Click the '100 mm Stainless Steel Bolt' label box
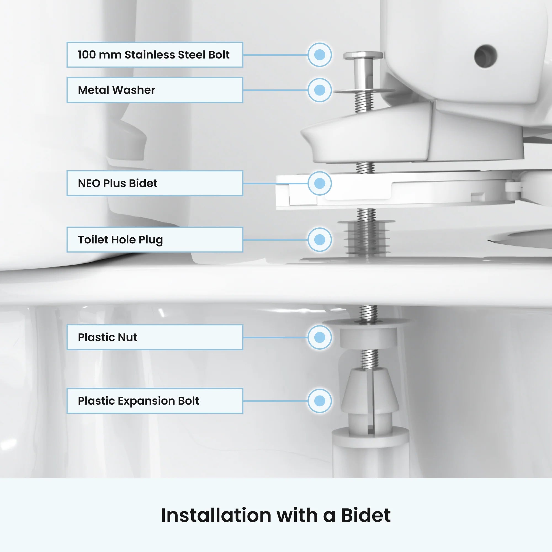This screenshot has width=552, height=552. pos(155,55)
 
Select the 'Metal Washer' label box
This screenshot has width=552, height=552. pos(155,90)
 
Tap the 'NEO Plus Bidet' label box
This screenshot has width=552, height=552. pos(155,183)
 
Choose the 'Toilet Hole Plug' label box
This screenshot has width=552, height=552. pos(155,239)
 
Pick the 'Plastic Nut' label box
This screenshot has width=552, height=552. pos(155,337)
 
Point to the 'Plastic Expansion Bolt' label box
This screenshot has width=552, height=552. pos(155,400)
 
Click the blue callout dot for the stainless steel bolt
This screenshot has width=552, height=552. pos(320,55)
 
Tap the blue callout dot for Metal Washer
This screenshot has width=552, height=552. pos(320,90)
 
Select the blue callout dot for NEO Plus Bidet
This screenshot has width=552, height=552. pos(320,183)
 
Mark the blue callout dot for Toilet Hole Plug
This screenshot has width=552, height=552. pos(320,239)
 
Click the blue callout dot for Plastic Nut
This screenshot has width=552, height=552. pos(320,337)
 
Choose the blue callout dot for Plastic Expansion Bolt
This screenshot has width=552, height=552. pos(320,400)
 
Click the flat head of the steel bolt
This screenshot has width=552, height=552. pos(363,55)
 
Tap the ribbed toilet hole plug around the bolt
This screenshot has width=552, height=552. pos(367,238)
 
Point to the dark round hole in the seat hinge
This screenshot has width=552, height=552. pos(485,56)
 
